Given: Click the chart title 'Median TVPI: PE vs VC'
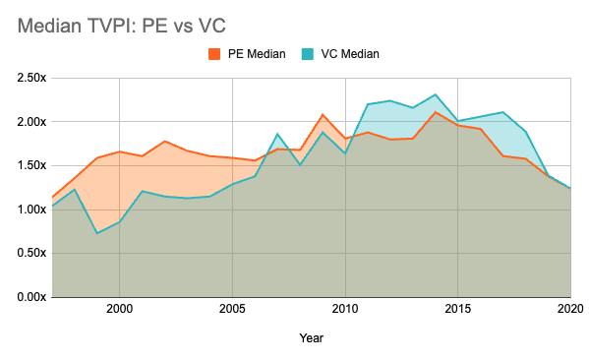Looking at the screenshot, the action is [121, 26].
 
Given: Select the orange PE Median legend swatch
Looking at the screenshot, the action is [214, 54].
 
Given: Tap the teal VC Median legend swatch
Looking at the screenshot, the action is [307, 54].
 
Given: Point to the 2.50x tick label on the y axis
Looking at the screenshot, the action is [31, 78].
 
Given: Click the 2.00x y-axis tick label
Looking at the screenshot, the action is [31, 122].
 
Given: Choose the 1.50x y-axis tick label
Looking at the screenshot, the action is [31, 165].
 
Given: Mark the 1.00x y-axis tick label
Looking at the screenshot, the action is [31, 210].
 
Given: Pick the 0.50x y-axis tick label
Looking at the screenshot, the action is [31, 253].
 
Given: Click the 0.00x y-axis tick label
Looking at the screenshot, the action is [31, 297].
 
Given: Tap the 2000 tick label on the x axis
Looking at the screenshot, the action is [119, 309].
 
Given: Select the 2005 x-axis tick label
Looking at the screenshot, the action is [232, 309].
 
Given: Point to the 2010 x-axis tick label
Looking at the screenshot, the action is [345, 309].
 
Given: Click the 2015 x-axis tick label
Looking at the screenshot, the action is [458, 309].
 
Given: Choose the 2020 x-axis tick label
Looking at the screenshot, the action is [570, 309].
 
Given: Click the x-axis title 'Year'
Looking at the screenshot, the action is [312, 338].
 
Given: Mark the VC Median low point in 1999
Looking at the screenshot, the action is [97, 233].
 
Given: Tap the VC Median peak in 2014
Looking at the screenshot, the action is [436, 94].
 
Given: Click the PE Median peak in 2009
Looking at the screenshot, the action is [323, 114].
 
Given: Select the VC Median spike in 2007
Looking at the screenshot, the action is [277, 134].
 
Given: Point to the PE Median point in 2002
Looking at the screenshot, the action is [165, 142].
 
